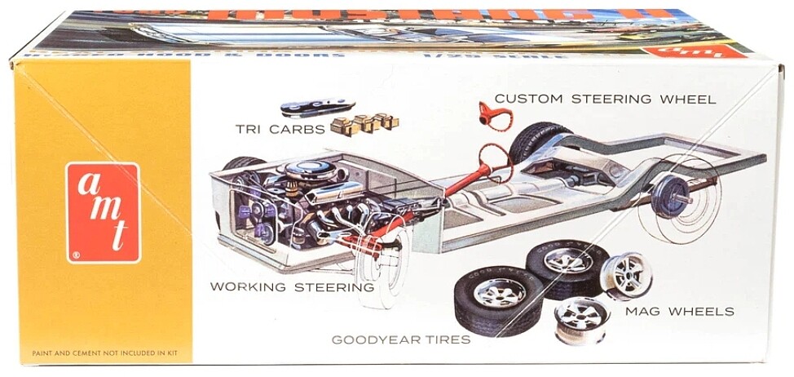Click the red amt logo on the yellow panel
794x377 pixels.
tap(103, 212)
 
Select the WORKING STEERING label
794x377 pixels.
tap(292, 286)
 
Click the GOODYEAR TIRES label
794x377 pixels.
tap(400, 339)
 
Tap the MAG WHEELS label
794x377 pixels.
tap(679, 311)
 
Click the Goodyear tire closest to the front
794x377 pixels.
tap(493, 302)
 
